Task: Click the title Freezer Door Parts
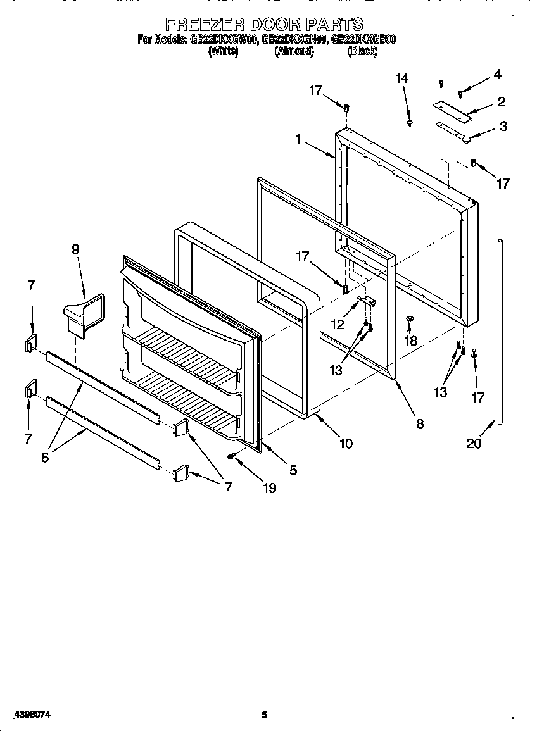pos(265,25)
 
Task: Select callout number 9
pos(75,249)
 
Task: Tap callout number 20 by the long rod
pos(474,443)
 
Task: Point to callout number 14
pos(401,78)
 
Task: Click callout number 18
pos(410,341)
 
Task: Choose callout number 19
pos(269,488)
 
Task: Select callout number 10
pos(345,444)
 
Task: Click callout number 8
pos(420,425)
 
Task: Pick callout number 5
pos(293,470)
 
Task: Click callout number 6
pos(44,458)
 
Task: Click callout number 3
pos(503,126)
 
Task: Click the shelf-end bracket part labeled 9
pos(82,314)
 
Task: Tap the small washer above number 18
pos(410,318)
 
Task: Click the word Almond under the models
pos(294,52)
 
